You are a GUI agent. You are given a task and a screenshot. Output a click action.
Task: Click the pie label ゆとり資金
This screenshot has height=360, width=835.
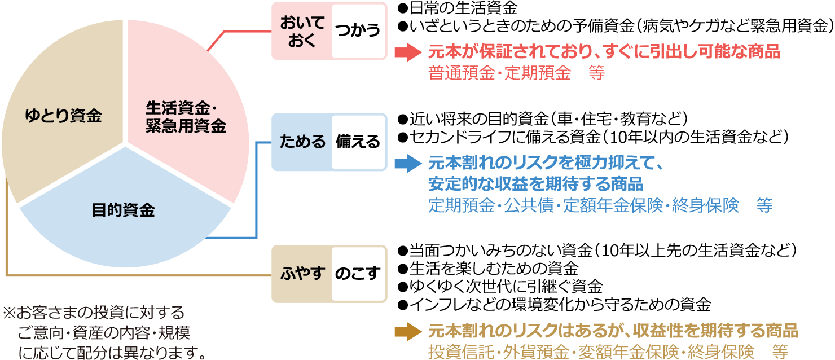coord(63,116)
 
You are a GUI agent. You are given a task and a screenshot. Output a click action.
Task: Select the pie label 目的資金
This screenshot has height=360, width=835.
coord(123,210)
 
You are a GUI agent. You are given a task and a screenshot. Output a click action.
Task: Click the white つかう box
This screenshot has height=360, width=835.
coord(358,31)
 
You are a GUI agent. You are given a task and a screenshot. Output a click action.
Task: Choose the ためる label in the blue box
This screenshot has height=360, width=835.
coord(302,142)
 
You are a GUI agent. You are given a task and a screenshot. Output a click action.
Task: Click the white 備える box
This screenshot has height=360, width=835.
coord(358,142)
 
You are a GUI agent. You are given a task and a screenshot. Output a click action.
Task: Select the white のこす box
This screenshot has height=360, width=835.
coord(358,274)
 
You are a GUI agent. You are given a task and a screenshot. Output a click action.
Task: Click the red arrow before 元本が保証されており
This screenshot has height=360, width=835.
coord(408,53)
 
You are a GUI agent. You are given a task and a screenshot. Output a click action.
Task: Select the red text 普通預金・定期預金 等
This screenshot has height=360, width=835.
coord(516,73)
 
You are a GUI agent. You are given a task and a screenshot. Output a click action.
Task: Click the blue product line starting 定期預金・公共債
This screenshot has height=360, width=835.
coord(600,205)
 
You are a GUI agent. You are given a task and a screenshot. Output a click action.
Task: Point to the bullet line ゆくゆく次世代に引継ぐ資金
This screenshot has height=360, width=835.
coord(500,286)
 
